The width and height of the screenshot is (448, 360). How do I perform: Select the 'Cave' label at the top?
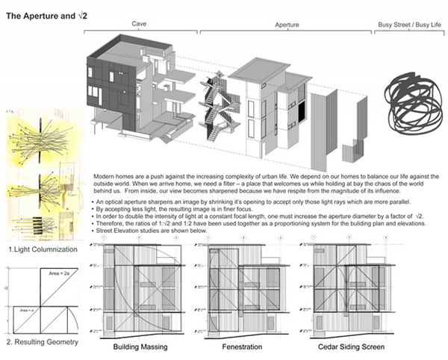click(x=138, y=23)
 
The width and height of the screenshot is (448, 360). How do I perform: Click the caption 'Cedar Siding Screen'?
click(x=341, y=348)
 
